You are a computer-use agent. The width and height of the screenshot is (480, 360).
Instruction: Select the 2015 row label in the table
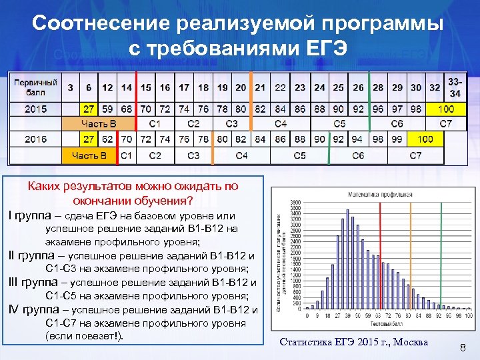tap(36, 108)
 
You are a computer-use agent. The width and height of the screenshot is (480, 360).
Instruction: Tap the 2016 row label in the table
tap(36, 139)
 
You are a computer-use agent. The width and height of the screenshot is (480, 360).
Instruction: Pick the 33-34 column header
tap(455, 87)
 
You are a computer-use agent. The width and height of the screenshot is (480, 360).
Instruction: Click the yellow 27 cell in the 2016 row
tap(89, 139)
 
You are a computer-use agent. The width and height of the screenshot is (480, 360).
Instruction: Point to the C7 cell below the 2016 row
tap(415, 155)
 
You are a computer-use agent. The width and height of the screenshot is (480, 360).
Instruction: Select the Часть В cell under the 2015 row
tap(99, 124)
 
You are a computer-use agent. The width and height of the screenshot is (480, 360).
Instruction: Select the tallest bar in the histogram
tap(347, 260)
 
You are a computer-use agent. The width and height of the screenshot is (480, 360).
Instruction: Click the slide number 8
tap(461, 345)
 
